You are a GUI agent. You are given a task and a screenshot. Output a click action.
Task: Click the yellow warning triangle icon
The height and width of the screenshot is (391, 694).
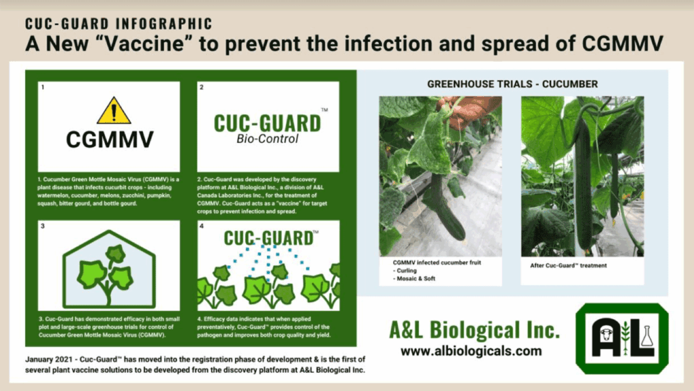pos(113,110)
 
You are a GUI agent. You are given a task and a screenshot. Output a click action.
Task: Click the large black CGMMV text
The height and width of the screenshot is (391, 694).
pos(110,140)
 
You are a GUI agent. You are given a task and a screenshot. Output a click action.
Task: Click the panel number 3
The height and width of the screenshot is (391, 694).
pos(42,226)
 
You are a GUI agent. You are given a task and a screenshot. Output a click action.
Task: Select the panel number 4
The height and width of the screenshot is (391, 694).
pos(201,226)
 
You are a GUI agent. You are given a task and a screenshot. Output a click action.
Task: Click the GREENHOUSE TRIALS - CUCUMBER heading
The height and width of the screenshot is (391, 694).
pos(512,84)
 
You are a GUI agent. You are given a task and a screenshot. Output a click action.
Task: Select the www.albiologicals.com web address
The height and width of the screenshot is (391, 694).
pos(471,351)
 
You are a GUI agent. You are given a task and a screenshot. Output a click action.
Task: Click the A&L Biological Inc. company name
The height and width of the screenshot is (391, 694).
pos(474,330)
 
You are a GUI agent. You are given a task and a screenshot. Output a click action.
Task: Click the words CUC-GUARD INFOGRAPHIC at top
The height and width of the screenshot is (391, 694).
pos(119,24)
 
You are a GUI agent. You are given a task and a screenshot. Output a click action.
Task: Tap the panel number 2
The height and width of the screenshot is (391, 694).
pos(201,87)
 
